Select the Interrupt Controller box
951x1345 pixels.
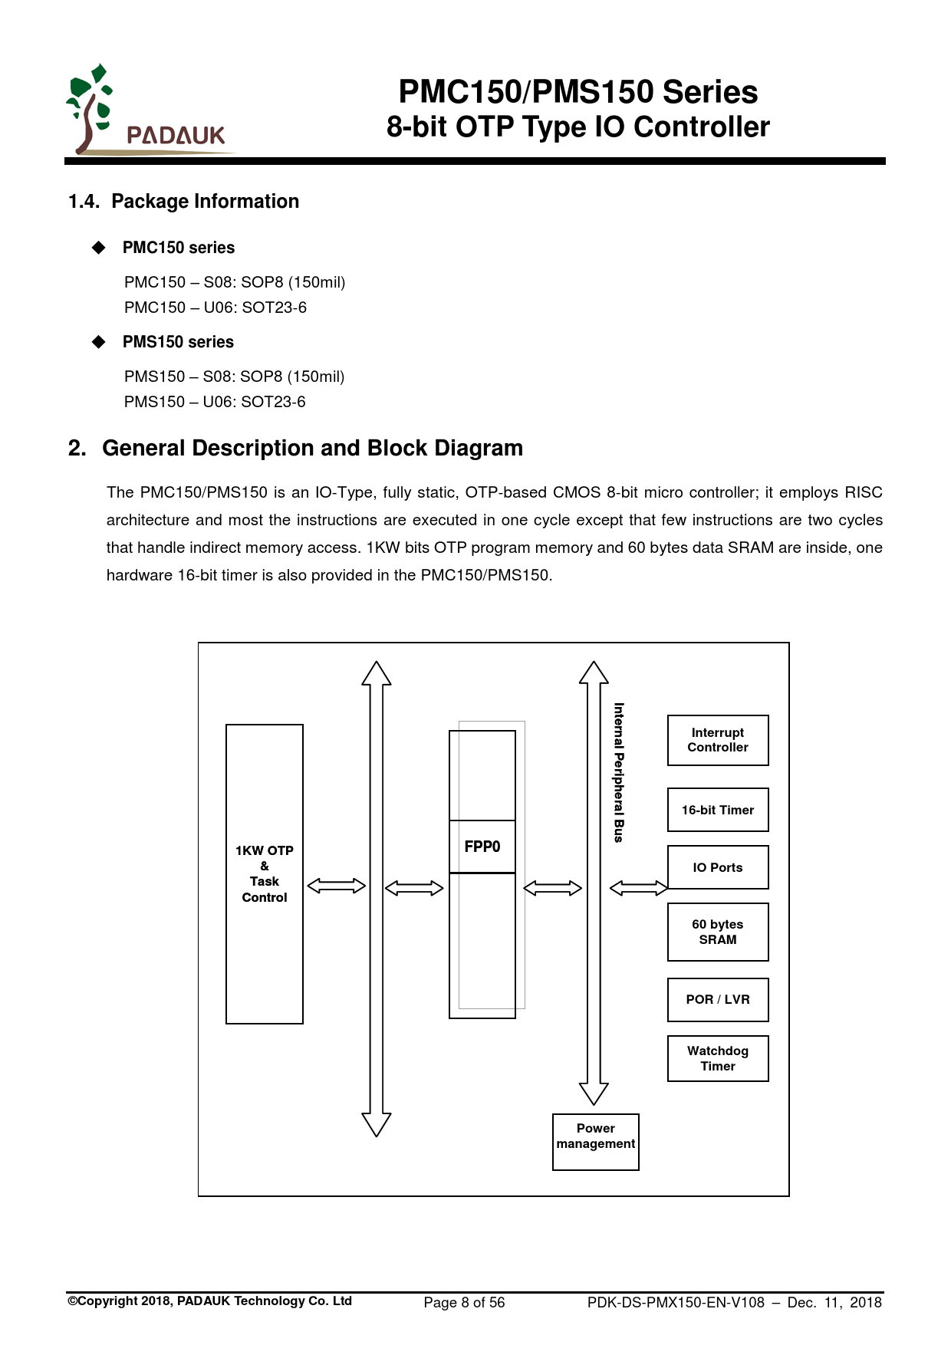pyautogui.click(x=717, y=740)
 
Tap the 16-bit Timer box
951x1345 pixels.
pyautogui.click(x=717, y=810)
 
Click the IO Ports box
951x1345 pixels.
pyautogui.click(x=717, y=867)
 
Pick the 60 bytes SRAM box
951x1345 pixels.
pyautogui.click(x=717, y=932)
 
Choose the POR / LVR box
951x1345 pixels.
pyautogui.click(x=717, y=999)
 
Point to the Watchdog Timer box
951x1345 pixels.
pyautogui.click(x=717, y=1058)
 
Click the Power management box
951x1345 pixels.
pyautogui.click(x=595, y=1141)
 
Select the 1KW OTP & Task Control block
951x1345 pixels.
pyautogui.click(x=265, y=873)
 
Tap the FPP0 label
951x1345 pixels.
pyautogui.click(x=482, y=847)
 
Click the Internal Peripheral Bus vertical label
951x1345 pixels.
pyautogui.click(x=619, y=772)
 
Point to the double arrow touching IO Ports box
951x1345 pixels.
pyautogui.click(x=638, y=888)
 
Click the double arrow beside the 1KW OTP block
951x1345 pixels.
pyautogui.click(x=336, y=886)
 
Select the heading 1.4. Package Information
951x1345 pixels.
pyautogui.click(x=183, y=202)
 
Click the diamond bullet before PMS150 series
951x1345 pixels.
pyautogui.click(x=99, y=342)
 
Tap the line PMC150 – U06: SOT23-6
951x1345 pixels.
pyautogui.click(x=216, y=307)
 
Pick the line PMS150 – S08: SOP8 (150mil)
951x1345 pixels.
pyautogui.click(x=234, y=377)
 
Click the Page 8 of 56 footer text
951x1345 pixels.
pyautogui.click(x=464, y=1302)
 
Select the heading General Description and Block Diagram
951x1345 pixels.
pyautogui.click(x=312, y=449)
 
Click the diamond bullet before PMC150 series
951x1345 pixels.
pyautogui.click(x=99, y=248)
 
